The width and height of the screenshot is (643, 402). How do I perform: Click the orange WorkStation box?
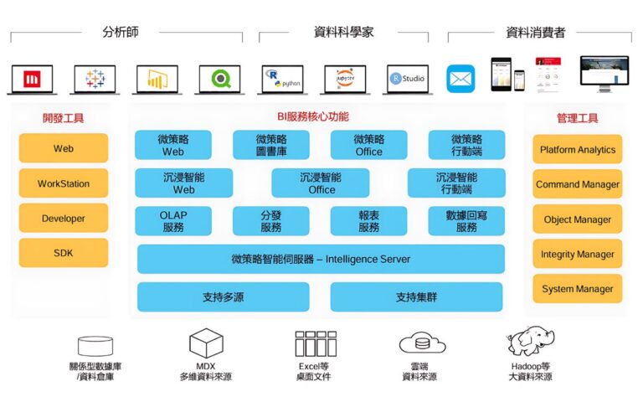(x=64, y=183)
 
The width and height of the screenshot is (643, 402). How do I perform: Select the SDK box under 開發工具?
(x=64, y=253)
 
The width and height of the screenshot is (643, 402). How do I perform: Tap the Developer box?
(x=64, y=219)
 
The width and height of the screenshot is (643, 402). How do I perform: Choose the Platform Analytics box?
(x=578, y=150)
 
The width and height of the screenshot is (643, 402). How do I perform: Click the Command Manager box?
(x=578, y=184)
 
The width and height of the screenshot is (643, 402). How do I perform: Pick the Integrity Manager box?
(x=578, y=254)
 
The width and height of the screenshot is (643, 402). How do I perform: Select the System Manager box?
(x=578, y=289)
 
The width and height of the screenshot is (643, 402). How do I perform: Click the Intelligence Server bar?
(x=321, y=259)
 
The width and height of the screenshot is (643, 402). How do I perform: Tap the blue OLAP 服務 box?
(x=173, y=221)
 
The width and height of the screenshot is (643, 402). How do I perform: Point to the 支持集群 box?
(x=417, y=297)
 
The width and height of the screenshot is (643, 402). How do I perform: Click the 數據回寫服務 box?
(x=466, y=221)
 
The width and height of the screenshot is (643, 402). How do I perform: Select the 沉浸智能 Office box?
(x=321, y=183)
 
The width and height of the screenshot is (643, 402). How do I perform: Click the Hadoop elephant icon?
(x=531, y=342)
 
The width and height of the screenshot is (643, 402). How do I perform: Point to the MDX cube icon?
(x=206, y=343)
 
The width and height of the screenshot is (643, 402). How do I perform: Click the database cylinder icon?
(x=95, y=345)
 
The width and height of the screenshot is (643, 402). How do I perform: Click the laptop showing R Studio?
(x=407, y=79)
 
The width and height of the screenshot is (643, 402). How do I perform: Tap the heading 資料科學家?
(x=343, y=33)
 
